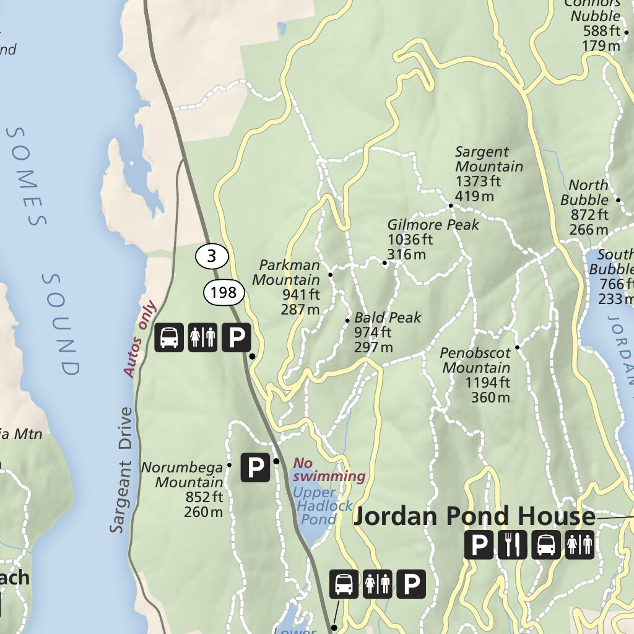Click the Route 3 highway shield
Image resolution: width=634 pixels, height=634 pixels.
(x=212, y=256)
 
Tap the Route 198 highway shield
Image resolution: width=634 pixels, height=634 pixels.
(x=224, y=292)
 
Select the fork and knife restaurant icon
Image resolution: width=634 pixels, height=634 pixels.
(x=512, y=545)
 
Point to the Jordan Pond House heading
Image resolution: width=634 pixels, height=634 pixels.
(x=474, y=516)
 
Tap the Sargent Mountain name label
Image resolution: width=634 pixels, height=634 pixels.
(x=489, y=159)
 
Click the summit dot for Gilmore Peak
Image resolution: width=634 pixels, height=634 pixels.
(x=384, y=263)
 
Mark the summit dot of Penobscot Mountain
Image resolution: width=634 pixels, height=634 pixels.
(x=517, y=347)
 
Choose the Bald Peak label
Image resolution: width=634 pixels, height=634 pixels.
(x=388, y=318)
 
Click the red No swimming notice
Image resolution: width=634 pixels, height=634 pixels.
(x=329, y=470)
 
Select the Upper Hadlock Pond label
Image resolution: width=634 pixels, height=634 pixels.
(x=323, y=506)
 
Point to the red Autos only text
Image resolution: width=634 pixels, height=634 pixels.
(x=140, y=339)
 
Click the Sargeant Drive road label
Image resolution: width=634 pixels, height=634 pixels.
(x=122, y=470)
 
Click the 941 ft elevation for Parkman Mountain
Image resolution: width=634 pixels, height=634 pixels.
(x=301, y=295)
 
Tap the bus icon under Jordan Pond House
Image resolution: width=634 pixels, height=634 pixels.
(x=545, y=545)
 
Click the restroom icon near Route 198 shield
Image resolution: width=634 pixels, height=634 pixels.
(x=202, y=337)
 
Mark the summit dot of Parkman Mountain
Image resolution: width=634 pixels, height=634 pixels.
(x=331, y=274)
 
